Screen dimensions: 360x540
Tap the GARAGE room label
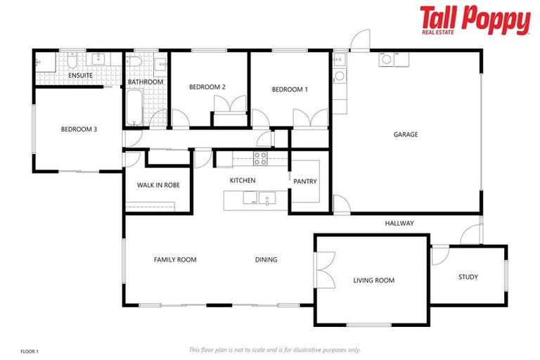pos(405,134)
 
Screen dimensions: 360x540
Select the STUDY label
pos(468,277)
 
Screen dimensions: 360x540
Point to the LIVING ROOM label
pos(373,281)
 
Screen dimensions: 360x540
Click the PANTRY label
pos(305,181)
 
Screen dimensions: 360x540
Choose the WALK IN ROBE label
pos(158,185)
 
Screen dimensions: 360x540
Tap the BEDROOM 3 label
pos(79,129)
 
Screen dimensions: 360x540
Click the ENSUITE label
pos(80,75)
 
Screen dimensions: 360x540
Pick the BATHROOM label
pos(146,82)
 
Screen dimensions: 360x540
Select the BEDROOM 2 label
pos(207,87)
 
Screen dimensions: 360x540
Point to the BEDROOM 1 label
pos(290,89)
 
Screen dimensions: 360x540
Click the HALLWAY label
pos(399,224)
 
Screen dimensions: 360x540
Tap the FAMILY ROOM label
pos(175,259)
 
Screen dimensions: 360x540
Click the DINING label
pos(266,259)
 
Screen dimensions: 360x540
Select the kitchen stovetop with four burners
pos(260,158)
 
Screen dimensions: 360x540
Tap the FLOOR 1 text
pos(29,350)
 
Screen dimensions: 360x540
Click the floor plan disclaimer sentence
pos(274,349)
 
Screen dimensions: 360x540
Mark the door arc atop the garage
pos(361,39)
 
